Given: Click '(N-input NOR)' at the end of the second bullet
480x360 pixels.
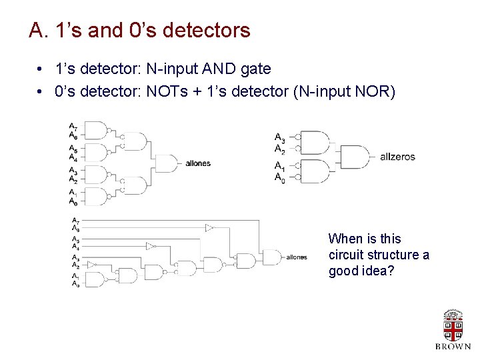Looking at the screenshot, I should click(344, 91).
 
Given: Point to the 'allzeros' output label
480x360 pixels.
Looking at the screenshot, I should click(397, 157).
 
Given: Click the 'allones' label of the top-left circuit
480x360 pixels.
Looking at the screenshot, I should click(198, 163).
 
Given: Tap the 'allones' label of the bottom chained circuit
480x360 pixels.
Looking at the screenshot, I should click(297, 257).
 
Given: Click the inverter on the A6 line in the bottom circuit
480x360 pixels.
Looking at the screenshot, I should click(209, 228).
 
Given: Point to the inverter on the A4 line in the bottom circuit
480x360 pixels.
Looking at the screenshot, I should click(151, 246).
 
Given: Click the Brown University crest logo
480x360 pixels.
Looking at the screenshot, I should click(453, 326).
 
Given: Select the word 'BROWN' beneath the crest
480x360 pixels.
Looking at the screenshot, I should click(453, 347).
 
